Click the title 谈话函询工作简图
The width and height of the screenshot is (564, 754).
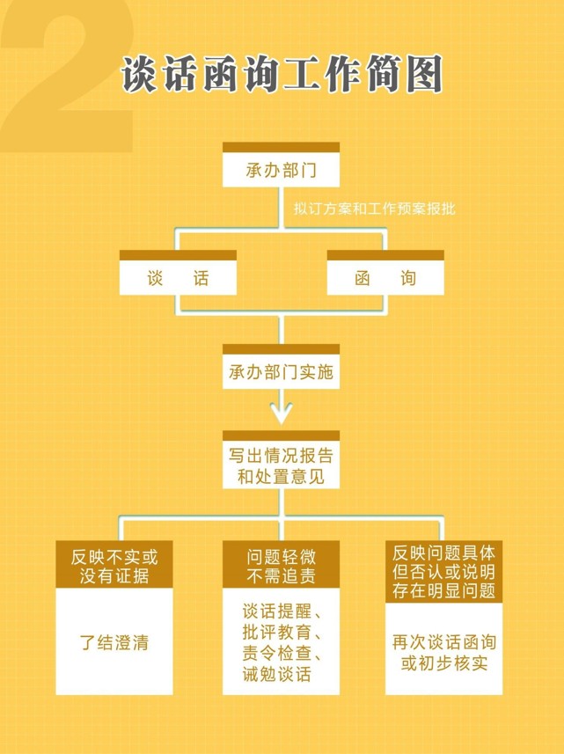tap(282, 74)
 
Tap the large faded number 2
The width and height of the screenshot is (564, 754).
tap(68, 77)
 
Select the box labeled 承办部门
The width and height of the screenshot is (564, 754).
tap(282, 165)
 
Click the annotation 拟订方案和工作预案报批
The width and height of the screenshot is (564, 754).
tap(375, 209)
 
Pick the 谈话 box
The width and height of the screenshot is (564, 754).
tap(178, 273)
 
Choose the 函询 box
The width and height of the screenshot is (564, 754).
tap(385, 273)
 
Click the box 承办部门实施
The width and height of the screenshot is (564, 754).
tap(282, 367)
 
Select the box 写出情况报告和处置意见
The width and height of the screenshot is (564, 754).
tap(282, 460)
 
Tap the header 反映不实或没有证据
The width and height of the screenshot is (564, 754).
tap(114, 565)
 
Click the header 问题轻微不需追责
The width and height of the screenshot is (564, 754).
tap(282, 565)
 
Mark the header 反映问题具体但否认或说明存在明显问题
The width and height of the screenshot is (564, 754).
tap(443, 572)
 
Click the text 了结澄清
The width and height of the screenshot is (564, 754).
tap(114, 642)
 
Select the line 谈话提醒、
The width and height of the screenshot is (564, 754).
tap(282, 611)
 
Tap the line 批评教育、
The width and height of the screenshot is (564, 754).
tap(282, 632)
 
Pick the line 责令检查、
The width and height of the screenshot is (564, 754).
tap(282, 653)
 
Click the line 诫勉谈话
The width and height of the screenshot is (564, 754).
tap(276, 674)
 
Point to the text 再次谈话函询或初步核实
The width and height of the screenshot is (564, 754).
tap(443, 653)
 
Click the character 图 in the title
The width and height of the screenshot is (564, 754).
tap(423, 74)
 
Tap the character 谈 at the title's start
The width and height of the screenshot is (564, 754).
tap(139, 74)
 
